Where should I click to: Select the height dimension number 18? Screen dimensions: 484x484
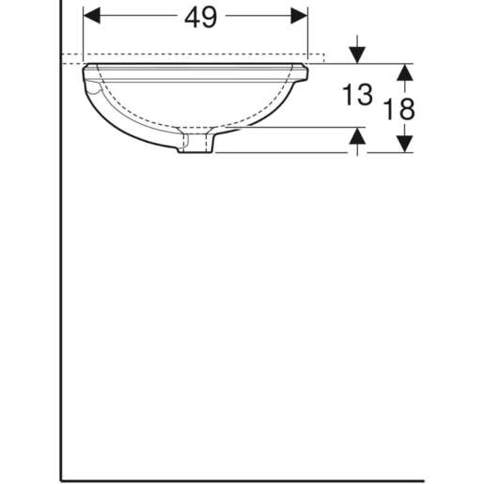tap(400, 108)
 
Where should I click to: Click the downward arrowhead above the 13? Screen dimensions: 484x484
tap(356, 53)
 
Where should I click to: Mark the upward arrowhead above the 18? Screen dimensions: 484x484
tap(403, 71)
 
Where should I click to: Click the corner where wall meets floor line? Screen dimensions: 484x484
tap(62, 478)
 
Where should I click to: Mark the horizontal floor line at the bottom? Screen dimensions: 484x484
tap(244, 478)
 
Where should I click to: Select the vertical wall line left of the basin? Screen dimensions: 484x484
tap(62, 282)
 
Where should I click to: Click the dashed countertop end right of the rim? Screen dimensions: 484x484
tap(324, 58)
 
